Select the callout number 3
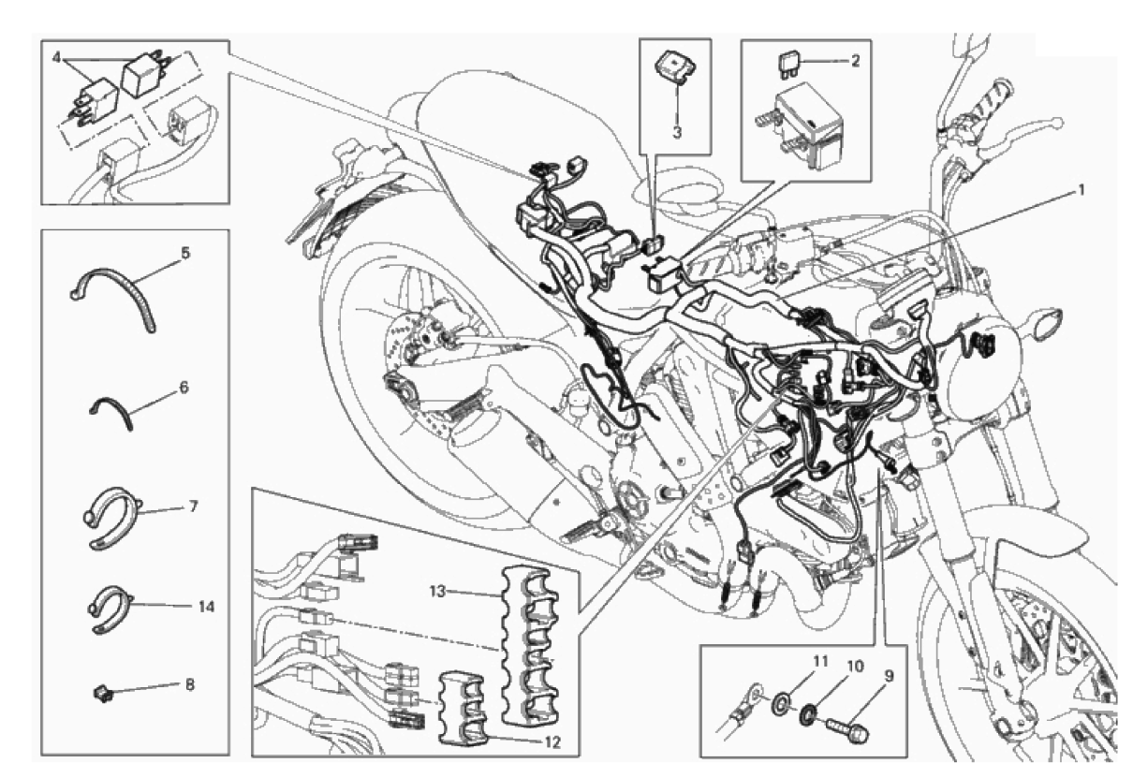(x=676, y=132)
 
